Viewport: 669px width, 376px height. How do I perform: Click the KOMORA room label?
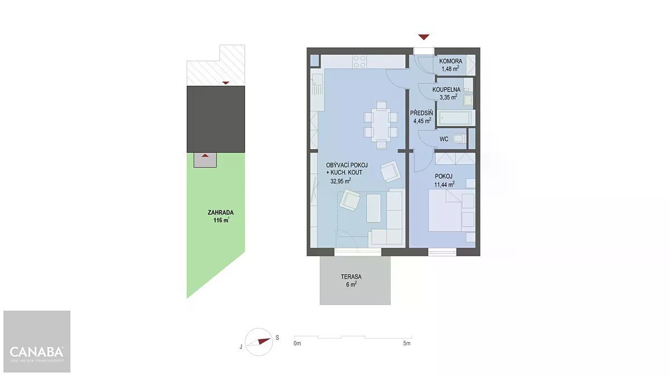(450, 61)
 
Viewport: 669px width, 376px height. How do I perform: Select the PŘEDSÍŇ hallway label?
(421, 113)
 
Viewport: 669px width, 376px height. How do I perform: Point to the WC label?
(444, 139)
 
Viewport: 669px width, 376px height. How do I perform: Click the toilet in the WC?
(459, 139)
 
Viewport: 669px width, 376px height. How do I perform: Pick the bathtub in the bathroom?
(454, 118)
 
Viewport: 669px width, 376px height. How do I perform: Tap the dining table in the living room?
(381, 125)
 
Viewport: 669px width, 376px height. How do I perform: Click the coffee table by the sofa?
(374, 208)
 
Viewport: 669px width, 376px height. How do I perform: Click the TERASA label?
(351, 277)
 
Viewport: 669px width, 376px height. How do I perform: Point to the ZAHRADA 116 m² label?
(221, 216)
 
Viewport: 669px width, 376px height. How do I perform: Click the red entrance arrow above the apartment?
(424, 37)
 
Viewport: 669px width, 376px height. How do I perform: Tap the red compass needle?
(264, 341)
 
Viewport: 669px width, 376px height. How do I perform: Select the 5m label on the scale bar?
(407, 344)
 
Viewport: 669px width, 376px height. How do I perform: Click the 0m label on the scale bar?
(297, 344)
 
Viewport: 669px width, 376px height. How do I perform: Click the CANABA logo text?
(36, 352)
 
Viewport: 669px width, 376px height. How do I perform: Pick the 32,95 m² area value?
(341, 180)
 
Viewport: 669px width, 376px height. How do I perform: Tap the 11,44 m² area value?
(444, 184)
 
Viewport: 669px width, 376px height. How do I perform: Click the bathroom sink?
(468, 100)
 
